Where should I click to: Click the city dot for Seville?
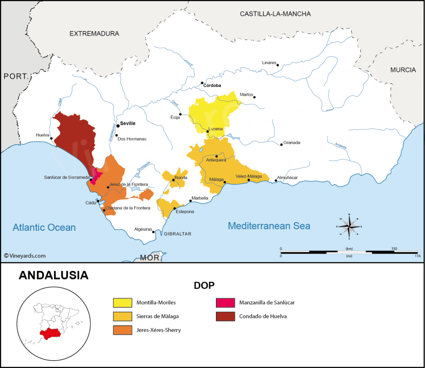coord(118,125)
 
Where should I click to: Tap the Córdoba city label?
coord(212,86)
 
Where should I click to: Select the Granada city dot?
coord(281,144)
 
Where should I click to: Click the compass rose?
coord(349,227)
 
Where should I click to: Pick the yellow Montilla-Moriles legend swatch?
coord(122,302)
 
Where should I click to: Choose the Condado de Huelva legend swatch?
coord(225,316)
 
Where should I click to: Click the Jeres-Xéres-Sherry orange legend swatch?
coord(122,330)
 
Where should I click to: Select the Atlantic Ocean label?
coord(44,227)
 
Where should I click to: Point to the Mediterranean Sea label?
coord(269,226)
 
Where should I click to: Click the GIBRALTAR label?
coord(177,234)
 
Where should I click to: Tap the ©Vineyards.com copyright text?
coord(24,256)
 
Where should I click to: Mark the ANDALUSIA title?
coord(54,275)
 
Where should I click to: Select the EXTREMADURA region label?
coord(94,34)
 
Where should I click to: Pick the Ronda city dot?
coord(173,180)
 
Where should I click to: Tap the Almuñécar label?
coord(287,178)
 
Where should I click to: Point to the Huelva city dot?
coord(51,138)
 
